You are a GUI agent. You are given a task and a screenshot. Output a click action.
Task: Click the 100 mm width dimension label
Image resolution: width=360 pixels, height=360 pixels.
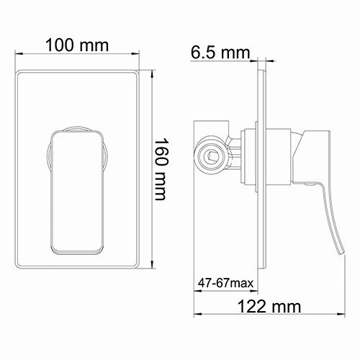point(76,45)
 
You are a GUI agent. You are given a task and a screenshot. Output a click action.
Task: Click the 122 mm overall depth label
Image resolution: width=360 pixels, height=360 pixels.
point(269,307)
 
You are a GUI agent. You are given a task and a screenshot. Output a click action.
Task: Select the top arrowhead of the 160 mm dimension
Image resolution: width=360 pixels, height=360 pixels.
point(153,73)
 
